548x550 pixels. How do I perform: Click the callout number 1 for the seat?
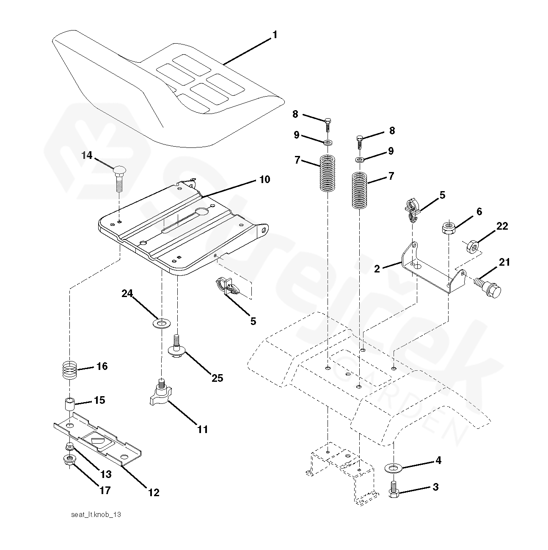point(275,35)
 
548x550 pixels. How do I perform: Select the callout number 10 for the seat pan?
point(264,180)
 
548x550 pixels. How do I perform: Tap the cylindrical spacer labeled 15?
point(69,404)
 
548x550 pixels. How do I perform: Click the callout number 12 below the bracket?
point(153,492)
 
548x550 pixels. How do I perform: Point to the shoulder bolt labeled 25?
point(177,346)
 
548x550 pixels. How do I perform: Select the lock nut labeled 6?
point(448,228)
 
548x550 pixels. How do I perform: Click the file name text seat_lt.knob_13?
point(96,514)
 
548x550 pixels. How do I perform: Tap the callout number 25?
point(217,378)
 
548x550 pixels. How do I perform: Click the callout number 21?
point(504,263)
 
